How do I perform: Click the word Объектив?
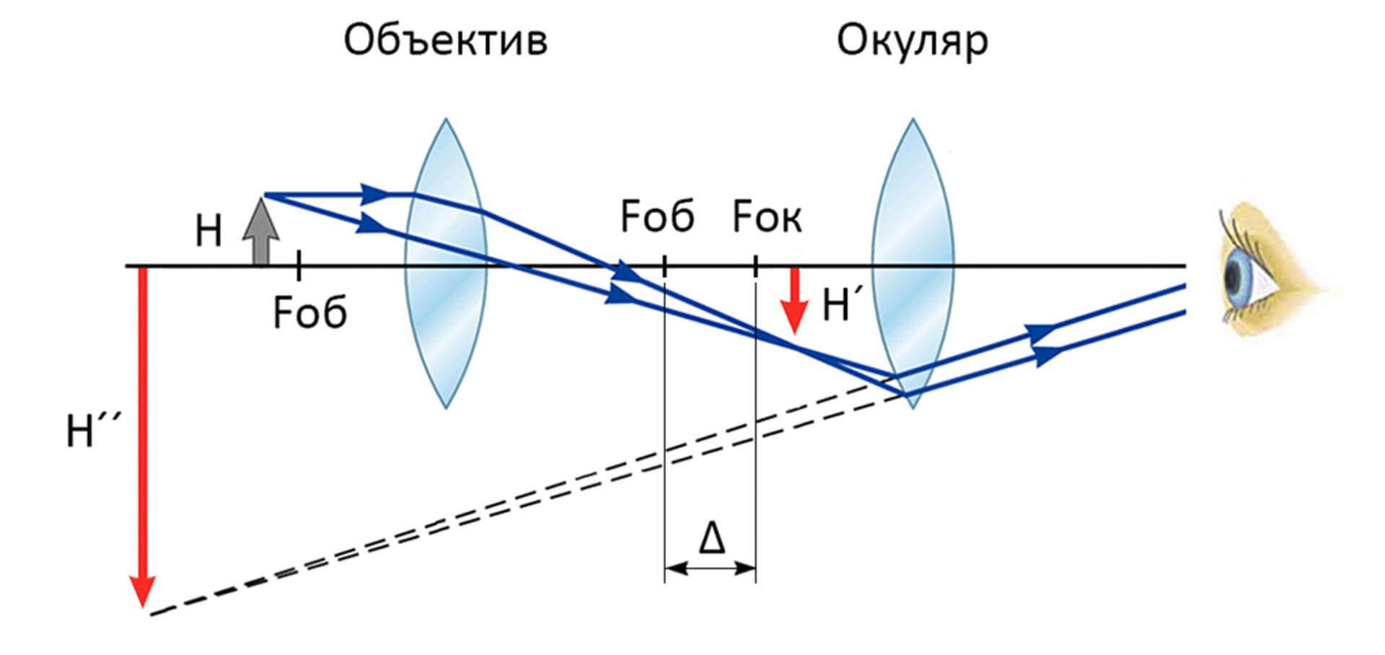[445, 40]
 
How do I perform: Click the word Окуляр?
[912, 40]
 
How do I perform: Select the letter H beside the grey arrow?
[208, 232]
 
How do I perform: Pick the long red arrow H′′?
[143, 433]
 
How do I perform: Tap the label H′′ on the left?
[91, 431]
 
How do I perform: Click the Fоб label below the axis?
[310, 313]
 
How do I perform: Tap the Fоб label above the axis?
[657, 216]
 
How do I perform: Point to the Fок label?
[767, 216]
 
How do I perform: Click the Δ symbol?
[712, 538]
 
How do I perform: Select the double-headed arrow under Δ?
[711, 568]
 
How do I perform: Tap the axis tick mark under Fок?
[755, 266]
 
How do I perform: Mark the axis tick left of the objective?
[299, 266]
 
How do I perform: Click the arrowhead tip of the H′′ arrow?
[143, 605]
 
